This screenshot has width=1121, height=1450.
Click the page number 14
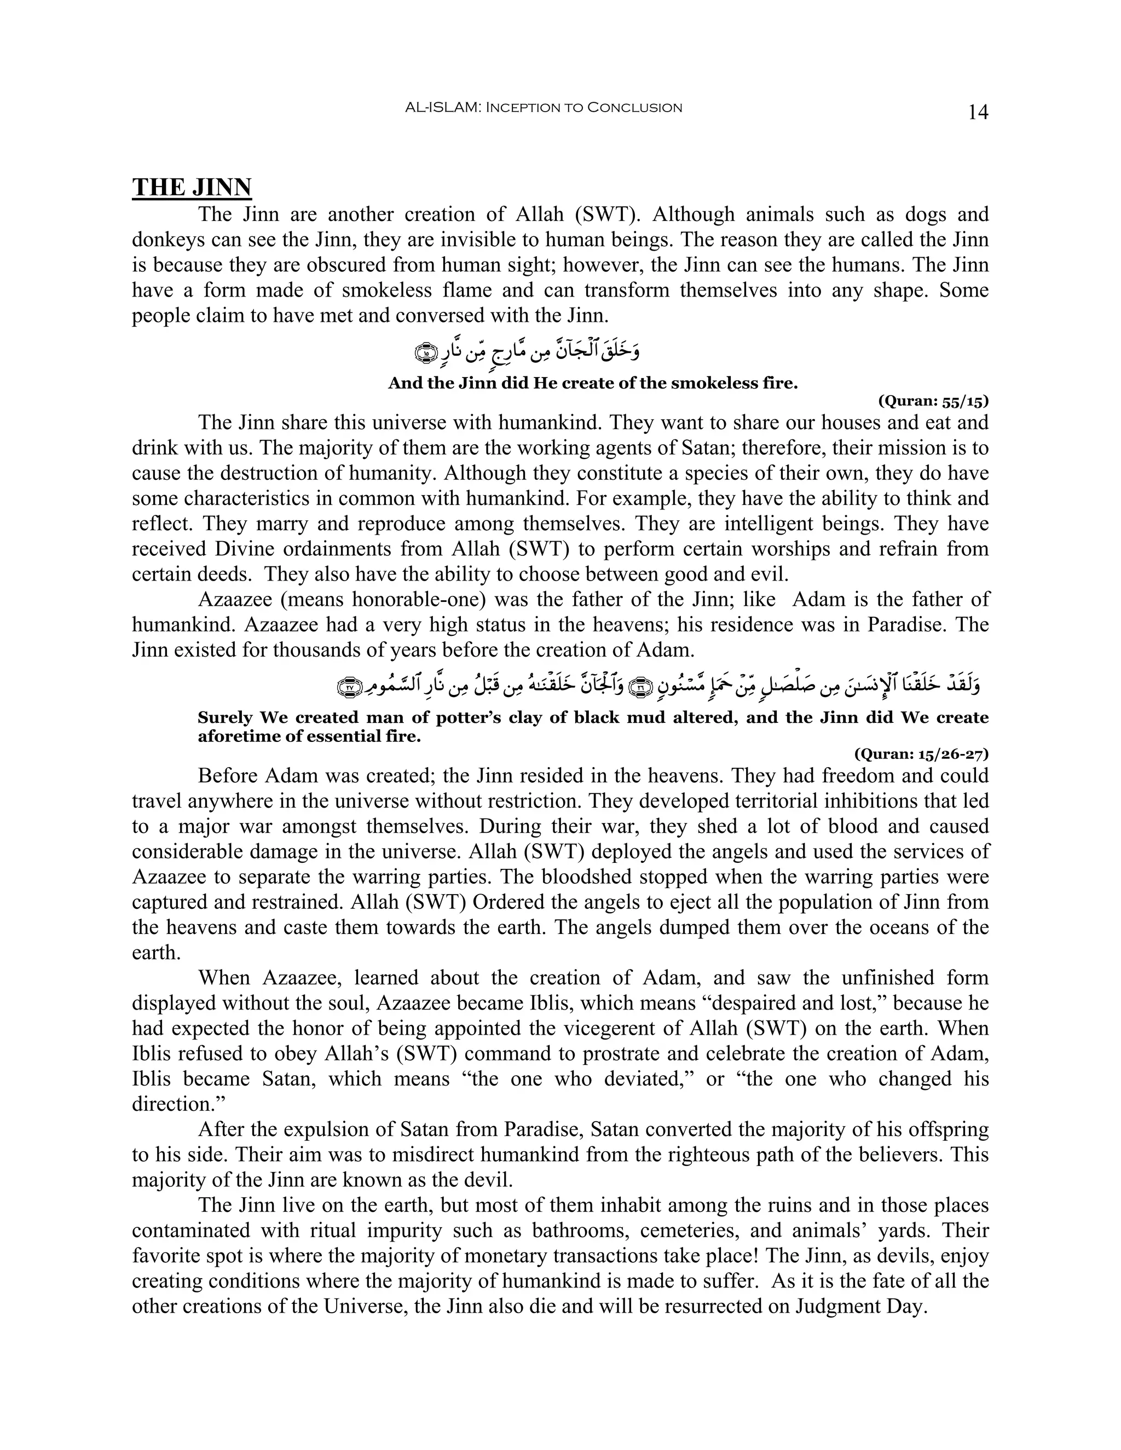(978, 112)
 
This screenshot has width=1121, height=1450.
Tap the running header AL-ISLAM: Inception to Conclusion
(543, 108)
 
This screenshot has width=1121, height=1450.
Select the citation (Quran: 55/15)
(933, 401)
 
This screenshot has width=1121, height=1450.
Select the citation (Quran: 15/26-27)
(921, 753)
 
